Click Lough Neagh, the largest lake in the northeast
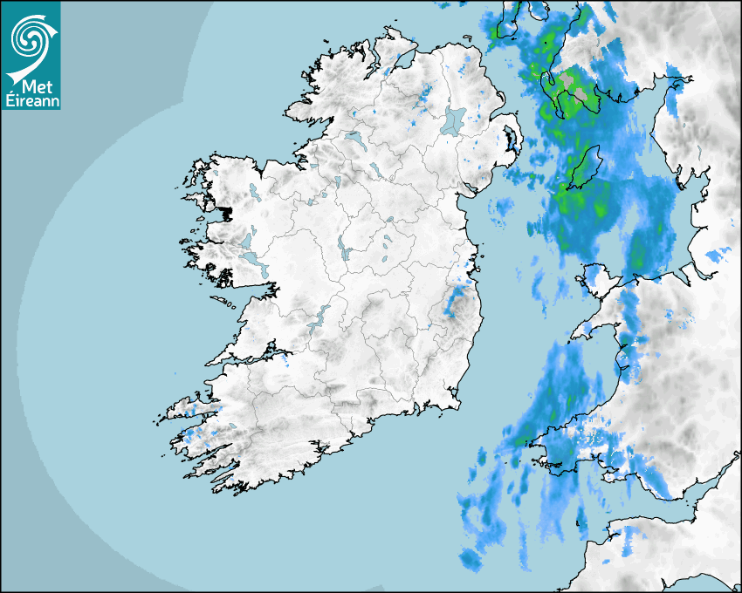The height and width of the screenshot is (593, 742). coord(454,119)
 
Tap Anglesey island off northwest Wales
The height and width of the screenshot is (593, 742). coord(598,279)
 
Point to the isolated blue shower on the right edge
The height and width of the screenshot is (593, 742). coord(718,255)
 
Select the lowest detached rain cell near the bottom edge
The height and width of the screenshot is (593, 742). coord(472,559)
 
